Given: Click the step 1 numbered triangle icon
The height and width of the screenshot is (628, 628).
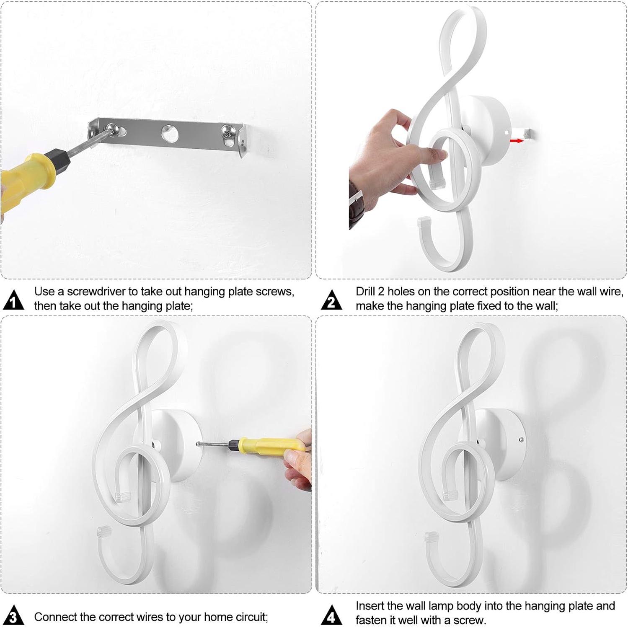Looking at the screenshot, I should tap(14, 300).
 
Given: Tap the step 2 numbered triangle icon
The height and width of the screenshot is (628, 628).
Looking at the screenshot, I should tap(331, 300).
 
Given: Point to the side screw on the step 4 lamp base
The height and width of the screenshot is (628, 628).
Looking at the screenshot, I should tap(521, 439).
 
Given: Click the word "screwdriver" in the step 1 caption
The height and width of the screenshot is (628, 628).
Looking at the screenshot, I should tap(96, 292).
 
